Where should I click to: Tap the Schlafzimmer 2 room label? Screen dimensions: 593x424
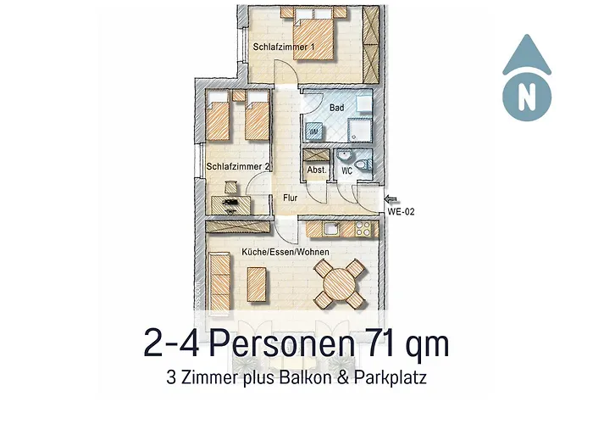click(238, 166)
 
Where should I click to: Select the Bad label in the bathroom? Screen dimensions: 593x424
click(336, 108)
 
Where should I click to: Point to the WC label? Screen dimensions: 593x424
click(346, 170)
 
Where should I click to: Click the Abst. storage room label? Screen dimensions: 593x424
click(317, 170)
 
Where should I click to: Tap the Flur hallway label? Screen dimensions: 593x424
click(290, 198)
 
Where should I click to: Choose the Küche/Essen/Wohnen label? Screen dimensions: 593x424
click(285, 252)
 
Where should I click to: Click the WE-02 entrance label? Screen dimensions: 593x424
click(401, 212)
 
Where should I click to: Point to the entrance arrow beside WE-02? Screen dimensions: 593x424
click(391, 199)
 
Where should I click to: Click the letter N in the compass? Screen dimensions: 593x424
click(526, 97)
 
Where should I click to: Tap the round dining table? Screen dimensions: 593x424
click(340, 283)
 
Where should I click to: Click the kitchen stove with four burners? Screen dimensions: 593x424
click(363, 229)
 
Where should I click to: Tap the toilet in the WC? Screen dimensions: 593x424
click(364, 165)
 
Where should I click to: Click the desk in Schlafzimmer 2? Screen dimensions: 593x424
click(230, 205)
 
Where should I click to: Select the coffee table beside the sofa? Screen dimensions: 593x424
click(257, 284)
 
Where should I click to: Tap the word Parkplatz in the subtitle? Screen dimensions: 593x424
click(391, 378)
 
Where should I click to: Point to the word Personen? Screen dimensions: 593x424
click(282, 343)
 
